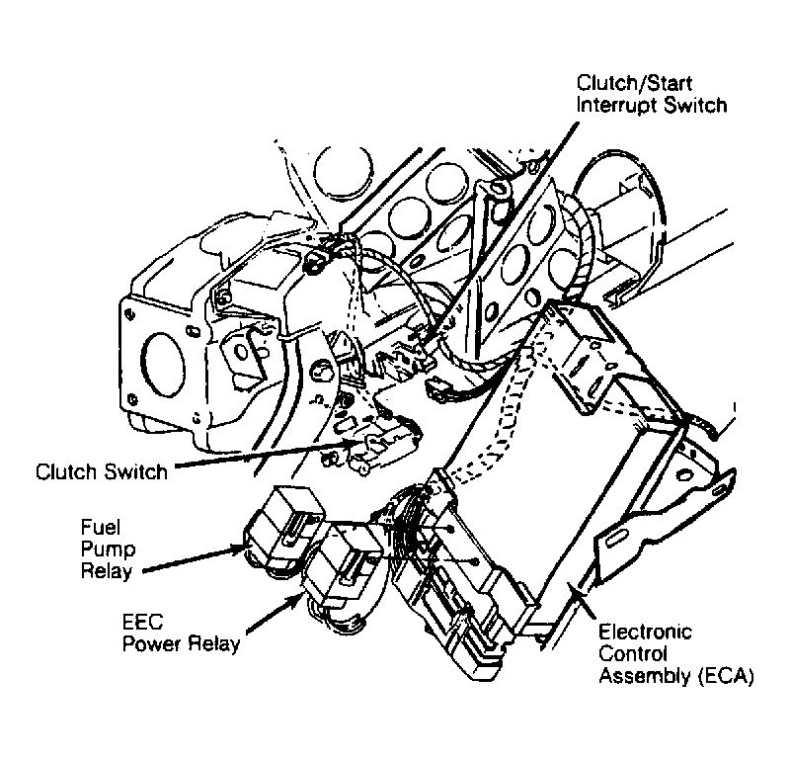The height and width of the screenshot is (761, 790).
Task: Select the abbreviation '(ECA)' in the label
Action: pos(725,677)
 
